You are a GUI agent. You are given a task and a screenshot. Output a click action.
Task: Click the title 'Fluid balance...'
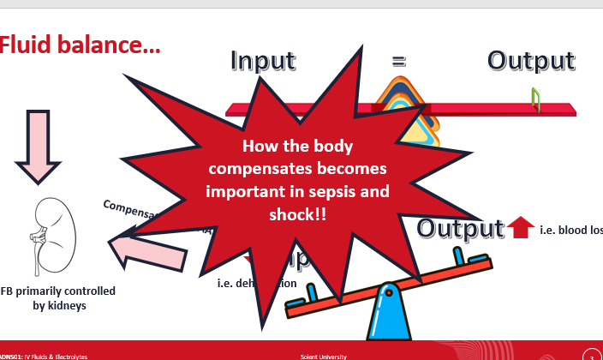click(80, 45)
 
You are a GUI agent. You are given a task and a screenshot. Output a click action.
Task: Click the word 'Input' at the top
click(262, 61)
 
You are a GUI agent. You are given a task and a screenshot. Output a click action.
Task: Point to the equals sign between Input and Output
click(398, 61)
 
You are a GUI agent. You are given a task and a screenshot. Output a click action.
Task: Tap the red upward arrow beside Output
click(520, 228)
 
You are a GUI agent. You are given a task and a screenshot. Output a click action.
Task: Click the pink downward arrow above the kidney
click(38, 146)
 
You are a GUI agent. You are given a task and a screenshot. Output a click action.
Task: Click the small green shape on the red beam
click(536, 100)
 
